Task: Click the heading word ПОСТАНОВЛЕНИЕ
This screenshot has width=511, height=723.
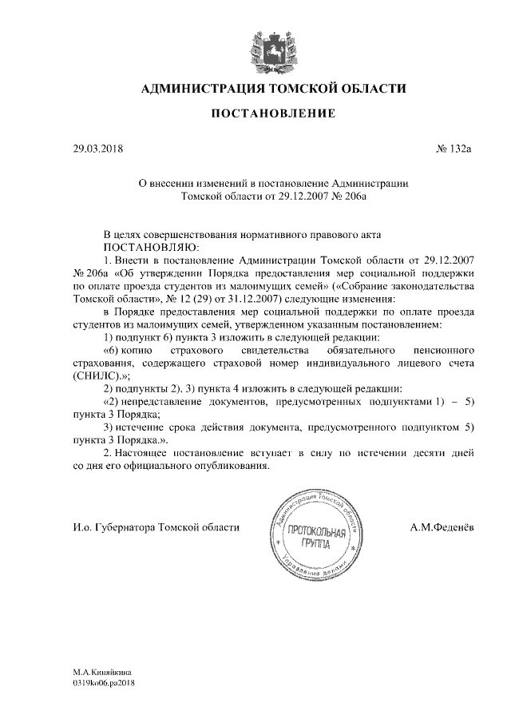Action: [272, 115]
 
